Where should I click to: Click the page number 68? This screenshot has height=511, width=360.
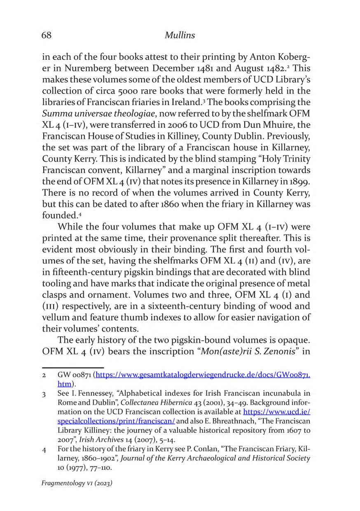[x=46, y=35]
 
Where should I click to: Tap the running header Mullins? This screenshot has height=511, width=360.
[x=180, y=35]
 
